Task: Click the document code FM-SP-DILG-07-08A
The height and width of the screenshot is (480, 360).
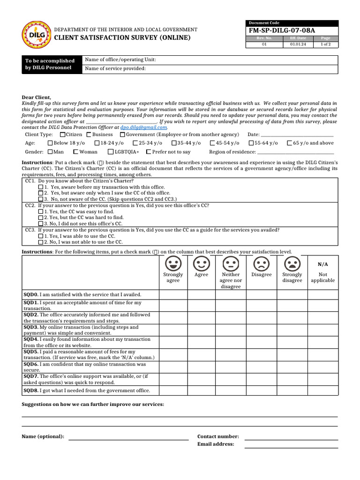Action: [x=282, y=30]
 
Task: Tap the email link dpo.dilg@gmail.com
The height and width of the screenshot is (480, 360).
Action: [x=143, y=127]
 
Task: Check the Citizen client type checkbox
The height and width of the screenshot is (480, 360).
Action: [x=63, y=135]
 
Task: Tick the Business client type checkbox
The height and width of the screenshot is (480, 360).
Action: [x=89, y=135]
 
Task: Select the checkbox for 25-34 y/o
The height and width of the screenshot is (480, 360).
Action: [x=135, y=143]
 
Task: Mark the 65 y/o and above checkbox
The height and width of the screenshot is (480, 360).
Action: [x=290, y=143]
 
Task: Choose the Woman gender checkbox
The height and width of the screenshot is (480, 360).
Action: [x=76, y=152]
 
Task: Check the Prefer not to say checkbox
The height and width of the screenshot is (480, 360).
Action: [x=149, y=152]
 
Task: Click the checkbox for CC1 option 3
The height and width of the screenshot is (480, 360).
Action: [x=40, y=199]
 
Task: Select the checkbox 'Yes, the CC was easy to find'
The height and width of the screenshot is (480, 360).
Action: [x=40, y=211]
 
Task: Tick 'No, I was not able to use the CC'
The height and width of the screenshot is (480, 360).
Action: [x=40, y=242]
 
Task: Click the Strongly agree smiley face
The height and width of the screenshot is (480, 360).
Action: [x=173, y=262]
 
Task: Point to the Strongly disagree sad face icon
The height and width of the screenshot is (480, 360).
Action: [x=292, y=262]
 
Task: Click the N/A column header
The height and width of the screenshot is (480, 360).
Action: [x=322, y=264]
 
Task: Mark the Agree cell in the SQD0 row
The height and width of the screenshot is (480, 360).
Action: [x=202, y=294]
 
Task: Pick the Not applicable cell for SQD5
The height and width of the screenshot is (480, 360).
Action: [x=322, y=354]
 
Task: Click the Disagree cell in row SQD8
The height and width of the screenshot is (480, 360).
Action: [x=261, y=390]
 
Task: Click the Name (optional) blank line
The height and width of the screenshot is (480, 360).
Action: [x=128, y=439]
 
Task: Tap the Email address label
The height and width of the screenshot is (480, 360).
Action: [x=216, y=444]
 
